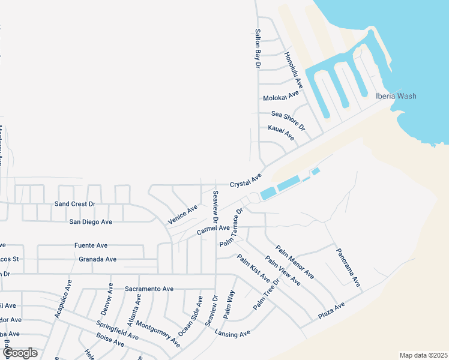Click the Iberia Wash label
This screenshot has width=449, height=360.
coord(396,96)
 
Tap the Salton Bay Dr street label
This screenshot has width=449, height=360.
coord(258,48)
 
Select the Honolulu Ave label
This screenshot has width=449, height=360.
coord(294,70)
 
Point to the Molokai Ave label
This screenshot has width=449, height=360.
coord(281,96)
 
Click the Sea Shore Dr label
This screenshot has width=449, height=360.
coord(288,121)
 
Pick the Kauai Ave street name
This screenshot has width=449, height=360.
coord(281,133)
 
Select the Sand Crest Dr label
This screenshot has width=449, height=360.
coord(75,204)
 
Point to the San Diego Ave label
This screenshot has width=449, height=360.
coord(91,221)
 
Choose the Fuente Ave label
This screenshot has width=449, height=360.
coord(91,245)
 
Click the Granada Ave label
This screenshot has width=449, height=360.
coord(97,259)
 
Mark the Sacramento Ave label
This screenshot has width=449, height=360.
coord(149,289)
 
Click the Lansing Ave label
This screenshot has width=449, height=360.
coord(232,334)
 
